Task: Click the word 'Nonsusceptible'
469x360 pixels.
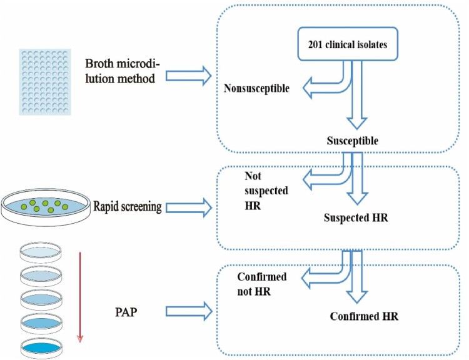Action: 256,88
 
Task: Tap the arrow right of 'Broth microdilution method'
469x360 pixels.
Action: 190,76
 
